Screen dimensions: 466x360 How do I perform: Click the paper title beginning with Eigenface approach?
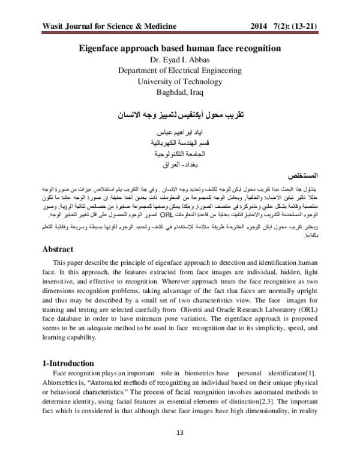click(x=179, y=50)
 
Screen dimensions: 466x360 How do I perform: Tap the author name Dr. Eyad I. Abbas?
click(x=179, y=61)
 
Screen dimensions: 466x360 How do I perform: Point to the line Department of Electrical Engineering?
click(x=179, y=71)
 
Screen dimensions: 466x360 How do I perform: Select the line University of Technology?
click(x=179, y=81)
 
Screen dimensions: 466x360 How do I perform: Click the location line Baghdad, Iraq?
click(x=179, y=91)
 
